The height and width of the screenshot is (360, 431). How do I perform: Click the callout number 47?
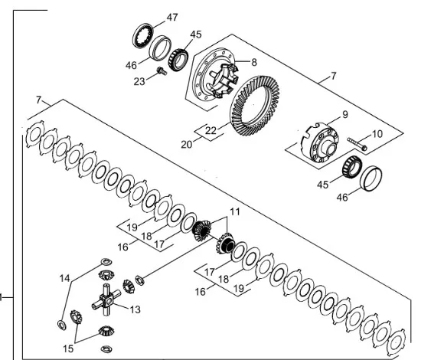click(x=172, y=18)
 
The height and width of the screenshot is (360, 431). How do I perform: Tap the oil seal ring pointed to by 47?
click(x=143, y=36)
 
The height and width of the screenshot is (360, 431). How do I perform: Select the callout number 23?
click(x=139, y=81)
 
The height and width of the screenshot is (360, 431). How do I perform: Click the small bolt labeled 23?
click(x=162, y=71)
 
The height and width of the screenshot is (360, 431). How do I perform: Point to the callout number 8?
click(x=254, y=63)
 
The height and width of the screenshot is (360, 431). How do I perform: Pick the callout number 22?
click(x=211, y=130)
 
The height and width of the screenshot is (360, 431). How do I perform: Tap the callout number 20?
click(x=187, y=144)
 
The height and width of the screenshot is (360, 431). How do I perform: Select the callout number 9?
click(x=345, y=114)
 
